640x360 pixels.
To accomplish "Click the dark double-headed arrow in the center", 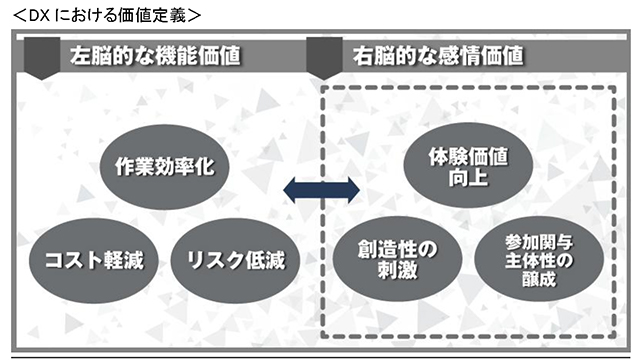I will pyautogui.click(x=321, y=189).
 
